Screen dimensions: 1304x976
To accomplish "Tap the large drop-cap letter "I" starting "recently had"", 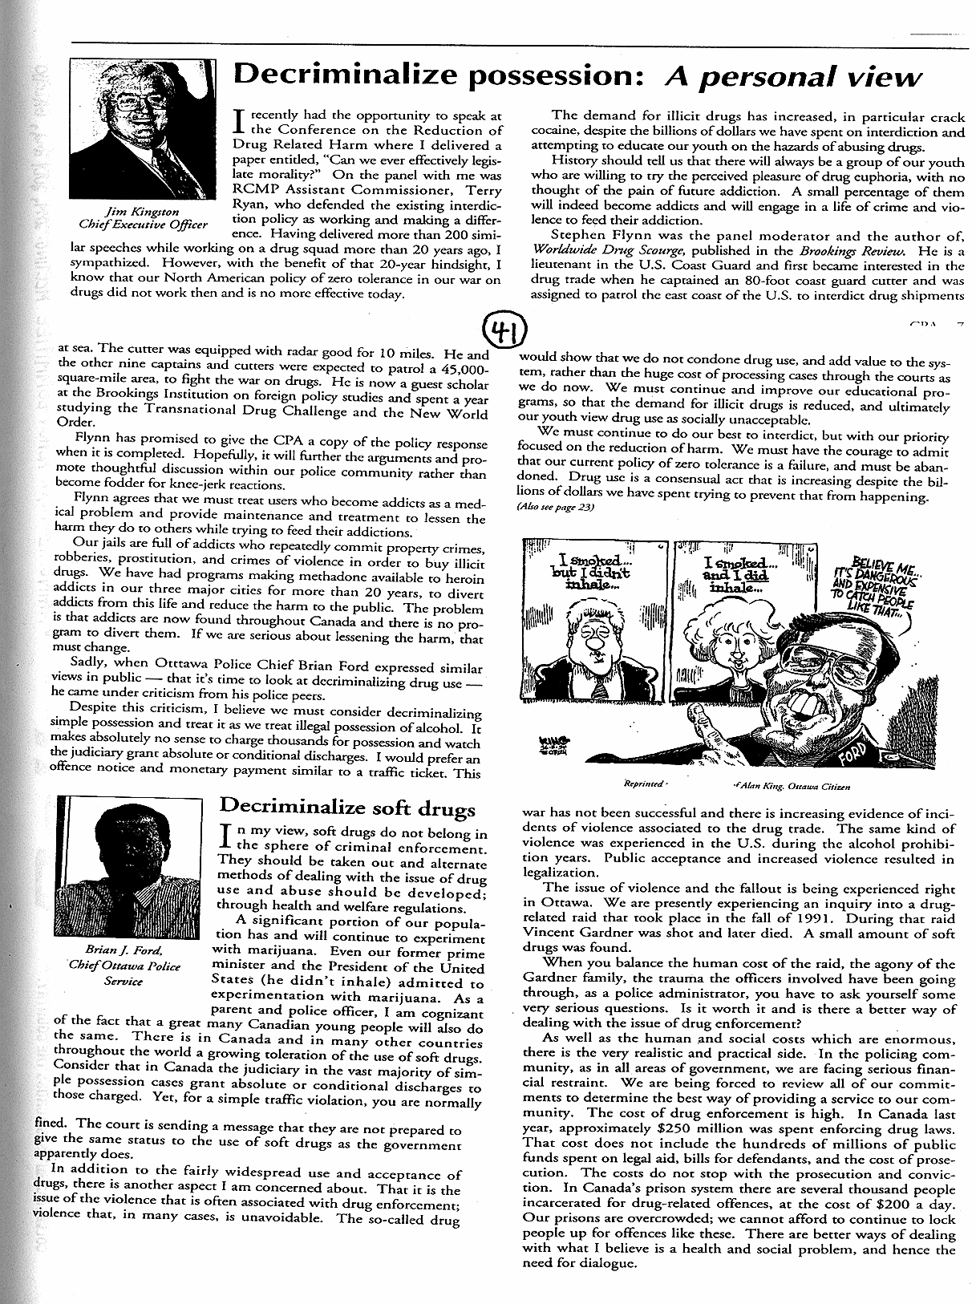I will [x=237, y=121].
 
